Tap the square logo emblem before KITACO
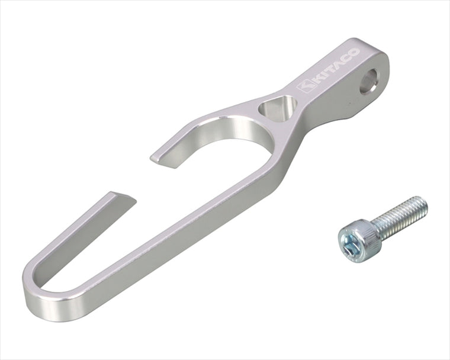[x=304, y=85]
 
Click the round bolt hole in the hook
[x=369, y=82]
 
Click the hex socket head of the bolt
[x=357, y=240]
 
